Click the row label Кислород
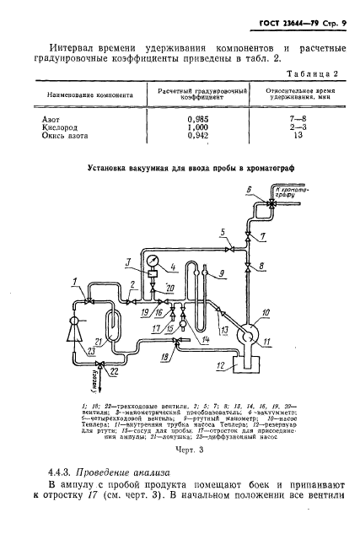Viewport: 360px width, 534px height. point(60,128)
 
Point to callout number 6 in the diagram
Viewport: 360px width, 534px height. point(250,189)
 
